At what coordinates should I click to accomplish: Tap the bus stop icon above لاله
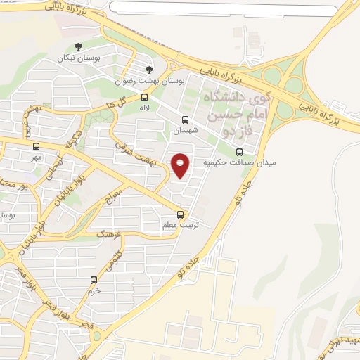click(144, 98)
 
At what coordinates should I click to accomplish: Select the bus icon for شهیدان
click(185, 120)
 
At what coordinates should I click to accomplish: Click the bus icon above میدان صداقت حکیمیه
click(239, 151)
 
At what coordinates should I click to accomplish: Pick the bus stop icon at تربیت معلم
click(181, 214)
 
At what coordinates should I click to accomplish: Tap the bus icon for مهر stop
click(36, 147)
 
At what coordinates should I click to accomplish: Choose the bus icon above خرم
click(93, 280)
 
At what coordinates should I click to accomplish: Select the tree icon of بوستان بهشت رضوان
click(148, 70)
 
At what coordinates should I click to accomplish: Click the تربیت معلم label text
click(177, 226)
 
